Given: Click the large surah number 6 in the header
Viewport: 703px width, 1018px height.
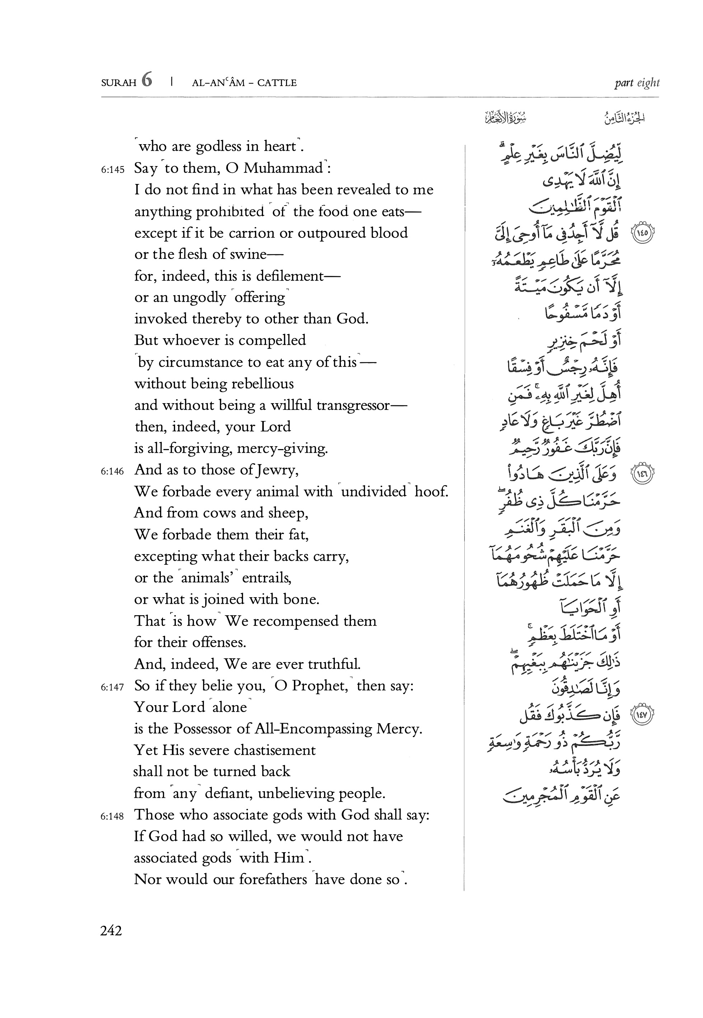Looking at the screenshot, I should click(x=147, y=81).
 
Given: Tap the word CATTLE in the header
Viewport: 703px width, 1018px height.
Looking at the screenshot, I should click(x=277, y=83).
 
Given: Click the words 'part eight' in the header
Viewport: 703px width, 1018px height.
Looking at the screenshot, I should click(x=637, y=83).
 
